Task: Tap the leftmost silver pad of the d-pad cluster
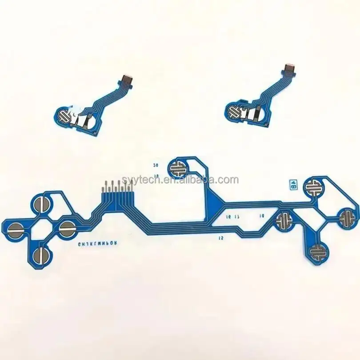(16, 228)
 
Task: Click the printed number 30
(156, 165)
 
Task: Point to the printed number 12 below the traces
(221, 238)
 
